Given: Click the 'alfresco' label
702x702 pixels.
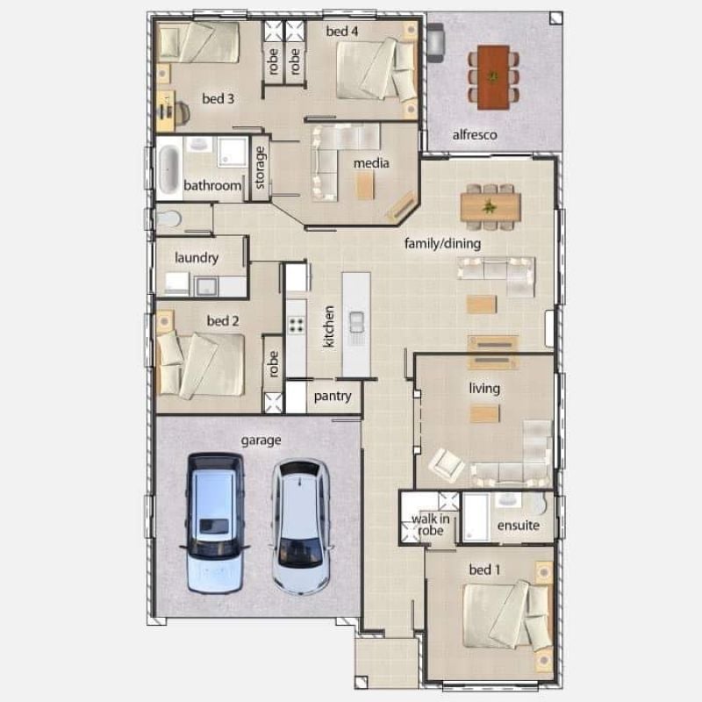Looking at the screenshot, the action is click(x=475, y=135).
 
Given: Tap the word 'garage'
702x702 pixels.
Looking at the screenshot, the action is click(x=261, y=441).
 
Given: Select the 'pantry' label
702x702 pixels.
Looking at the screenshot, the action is click(x=333, y=397).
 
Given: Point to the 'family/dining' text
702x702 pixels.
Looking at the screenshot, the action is click(x=443, y=244).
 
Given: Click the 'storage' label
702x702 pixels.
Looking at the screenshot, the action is click(x=260, y=168).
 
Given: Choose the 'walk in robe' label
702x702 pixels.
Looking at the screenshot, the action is click(x=430, y=525).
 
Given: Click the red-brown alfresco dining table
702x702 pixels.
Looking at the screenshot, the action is click(x=493, y=77).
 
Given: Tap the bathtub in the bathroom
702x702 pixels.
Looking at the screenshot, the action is click(x=169, y=169).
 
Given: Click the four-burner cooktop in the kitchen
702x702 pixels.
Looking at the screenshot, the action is click(x=296, y=325).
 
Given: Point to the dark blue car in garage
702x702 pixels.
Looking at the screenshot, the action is click(x=215, y=523).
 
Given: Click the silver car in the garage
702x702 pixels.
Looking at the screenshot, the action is click(x=301, y=527).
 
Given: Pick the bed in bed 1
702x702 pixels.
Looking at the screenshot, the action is click(x=506, y=616).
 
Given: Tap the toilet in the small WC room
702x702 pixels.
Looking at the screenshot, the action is click(x=168, y=218).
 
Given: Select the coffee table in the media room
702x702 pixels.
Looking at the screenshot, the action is click(x=365, y=185).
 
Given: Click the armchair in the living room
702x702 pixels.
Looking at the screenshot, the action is click(x=447, y=465).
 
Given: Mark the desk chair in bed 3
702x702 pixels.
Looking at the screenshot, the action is click(x=183, y=113).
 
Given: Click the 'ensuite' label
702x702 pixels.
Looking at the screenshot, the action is click(x=519, y=525).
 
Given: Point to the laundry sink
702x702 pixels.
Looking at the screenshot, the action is click(x=206, y=287).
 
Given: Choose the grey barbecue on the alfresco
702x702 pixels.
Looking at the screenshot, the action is click(x=435, y=42).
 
